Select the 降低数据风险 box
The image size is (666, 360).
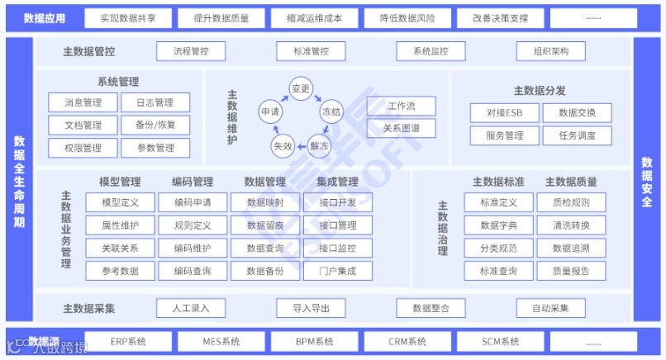click(408, 17)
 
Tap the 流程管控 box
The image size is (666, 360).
click(191, 51)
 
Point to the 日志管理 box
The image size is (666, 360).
click(155, 103)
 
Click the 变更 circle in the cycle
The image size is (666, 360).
click(301, 88)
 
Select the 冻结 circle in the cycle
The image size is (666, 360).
click(331, 111)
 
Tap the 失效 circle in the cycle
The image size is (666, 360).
click(282, 145)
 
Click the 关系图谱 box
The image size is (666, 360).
click(401, 129)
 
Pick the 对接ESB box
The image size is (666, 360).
click(504, 113)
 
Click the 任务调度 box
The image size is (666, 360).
click(578, 136)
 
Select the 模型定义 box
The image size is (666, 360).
click(120, 202)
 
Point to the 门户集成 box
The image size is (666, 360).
click(337, 271)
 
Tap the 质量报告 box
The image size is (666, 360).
click(572, 271)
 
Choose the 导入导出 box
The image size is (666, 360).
click(311, 308)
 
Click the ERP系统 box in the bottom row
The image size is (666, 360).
click(128, 341)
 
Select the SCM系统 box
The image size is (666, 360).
click(501, 341)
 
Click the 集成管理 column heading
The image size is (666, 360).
click(337, 182)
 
